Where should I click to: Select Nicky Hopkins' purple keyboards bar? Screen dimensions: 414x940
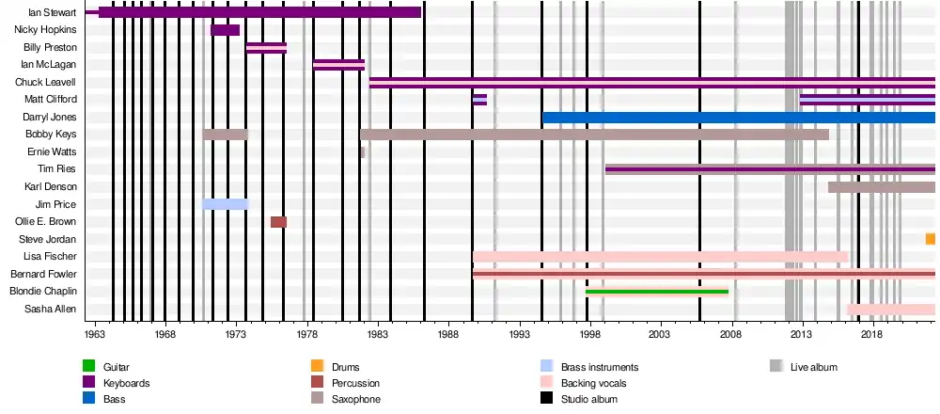click(225, 30)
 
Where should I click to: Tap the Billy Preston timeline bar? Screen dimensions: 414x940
click(266, 48)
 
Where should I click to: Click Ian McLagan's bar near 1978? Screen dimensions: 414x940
click(338, 65)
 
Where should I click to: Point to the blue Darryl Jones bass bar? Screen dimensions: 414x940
click(738, 118)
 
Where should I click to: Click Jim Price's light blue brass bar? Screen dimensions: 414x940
click(225, 204)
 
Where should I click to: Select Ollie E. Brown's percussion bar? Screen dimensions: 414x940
click(278, 222)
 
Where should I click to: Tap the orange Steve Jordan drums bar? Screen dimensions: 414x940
click(930, 239)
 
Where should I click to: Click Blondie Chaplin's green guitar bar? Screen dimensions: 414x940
click(656, 292)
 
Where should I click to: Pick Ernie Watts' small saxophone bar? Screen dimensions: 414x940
click(362, 152)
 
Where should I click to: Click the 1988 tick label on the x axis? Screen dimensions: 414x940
click(447, 333)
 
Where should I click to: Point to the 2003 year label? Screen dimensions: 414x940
click(659, 333)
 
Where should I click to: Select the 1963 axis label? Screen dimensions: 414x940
click(95, 333)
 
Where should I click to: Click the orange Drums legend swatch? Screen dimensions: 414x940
click(317, 367)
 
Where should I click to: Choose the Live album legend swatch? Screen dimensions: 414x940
click(775, 367)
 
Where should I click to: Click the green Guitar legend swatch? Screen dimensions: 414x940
click(88, 367)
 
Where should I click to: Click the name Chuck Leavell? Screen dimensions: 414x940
click(47, 83)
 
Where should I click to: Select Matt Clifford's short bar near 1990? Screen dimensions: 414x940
click(479, 100)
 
